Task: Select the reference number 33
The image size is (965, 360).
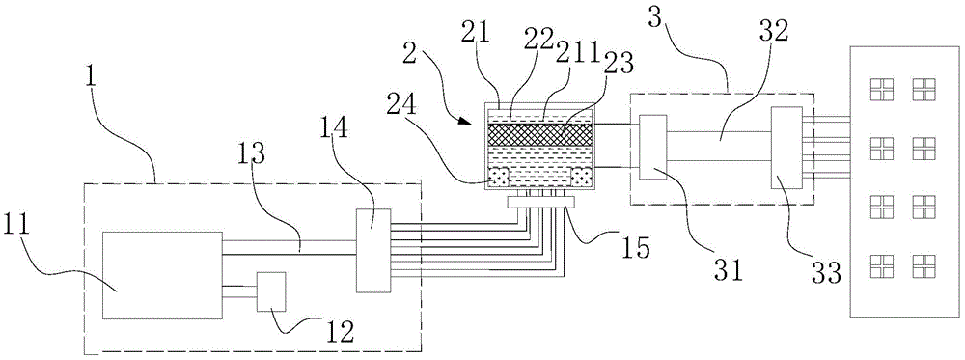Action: click(825, 272)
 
